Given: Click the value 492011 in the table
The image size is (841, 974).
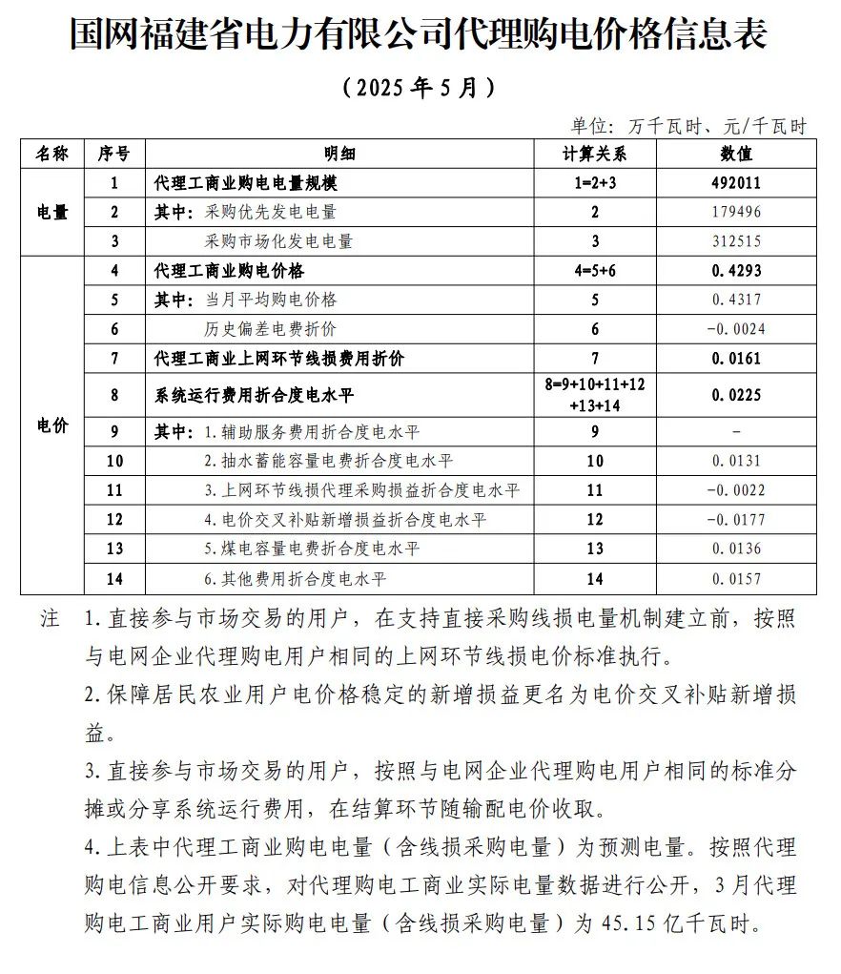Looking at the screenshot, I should tap(736, 183).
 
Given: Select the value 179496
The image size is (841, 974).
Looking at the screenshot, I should tap(736, 212).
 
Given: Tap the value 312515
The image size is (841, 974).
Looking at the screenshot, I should tap(736, 241).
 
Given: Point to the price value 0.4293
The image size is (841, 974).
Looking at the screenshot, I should tap(736, 271).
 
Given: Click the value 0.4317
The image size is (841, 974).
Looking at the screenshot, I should tap(736, 300).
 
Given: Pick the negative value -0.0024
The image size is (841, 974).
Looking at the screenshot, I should tap(736, 329).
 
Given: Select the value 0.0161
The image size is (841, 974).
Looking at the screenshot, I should tap(736, 359).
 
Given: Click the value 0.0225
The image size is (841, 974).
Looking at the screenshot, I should tap(736, 394).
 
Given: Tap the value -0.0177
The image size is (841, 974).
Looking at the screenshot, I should tap(736, 520).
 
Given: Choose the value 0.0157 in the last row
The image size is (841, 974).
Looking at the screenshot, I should tap(736, 579).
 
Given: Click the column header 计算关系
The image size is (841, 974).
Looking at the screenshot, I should tap(594, 154).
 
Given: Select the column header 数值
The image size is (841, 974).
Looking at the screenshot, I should tap(736, 154).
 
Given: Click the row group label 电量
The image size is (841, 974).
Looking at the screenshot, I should tap(52, 212).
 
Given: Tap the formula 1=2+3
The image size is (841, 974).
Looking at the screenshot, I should tap(594, 183).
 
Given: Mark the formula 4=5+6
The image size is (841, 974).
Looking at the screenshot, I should tap(594, 271).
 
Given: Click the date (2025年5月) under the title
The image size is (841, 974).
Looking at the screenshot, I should tap(420, 88).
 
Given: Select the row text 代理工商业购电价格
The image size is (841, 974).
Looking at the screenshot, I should tap(229, 271).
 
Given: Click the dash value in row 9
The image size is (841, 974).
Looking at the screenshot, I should tap(736, 431).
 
